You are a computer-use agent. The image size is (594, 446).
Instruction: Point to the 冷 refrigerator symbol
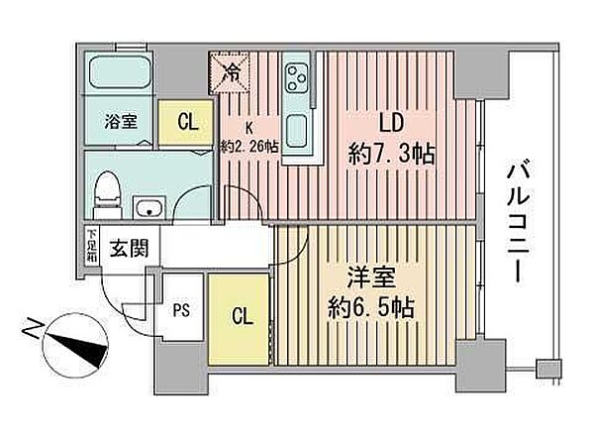(230, 72)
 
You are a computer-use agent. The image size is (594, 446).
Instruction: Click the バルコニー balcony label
(516, 223)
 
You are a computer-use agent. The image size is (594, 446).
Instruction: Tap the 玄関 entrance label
(128, 248)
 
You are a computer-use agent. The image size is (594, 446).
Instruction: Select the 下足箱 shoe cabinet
(91, 247)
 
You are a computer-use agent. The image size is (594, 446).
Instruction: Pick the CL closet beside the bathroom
(185, 123)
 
